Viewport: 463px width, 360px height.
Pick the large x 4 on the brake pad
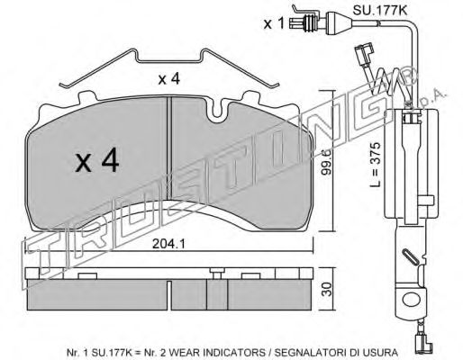97,163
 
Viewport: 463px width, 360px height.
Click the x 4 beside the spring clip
168,79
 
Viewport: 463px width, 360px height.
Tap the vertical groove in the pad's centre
168,171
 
